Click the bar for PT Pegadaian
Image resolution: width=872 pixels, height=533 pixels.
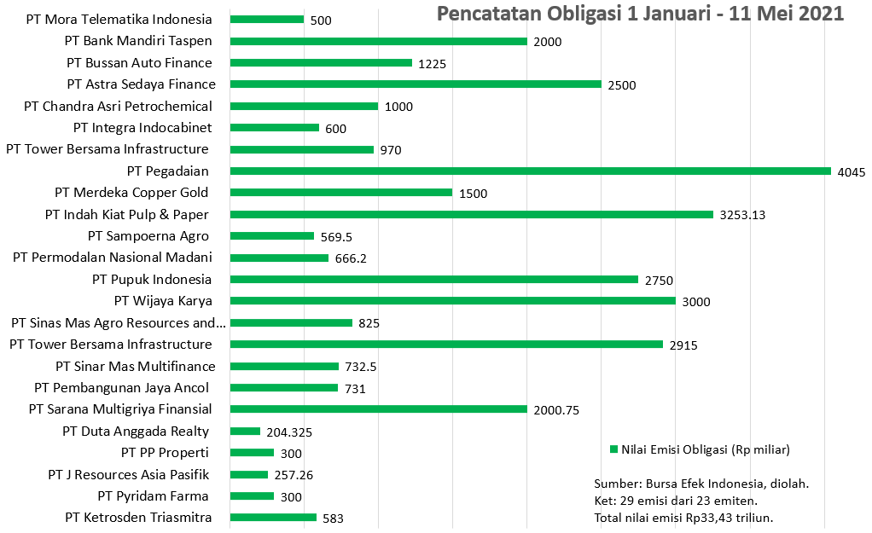(x=530, y=171)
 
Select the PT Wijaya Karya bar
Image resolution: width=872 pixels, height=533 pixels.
(x=452, y=300)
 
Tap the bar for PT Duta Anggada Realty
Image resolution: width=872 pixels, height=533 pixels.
(x=245, y=431)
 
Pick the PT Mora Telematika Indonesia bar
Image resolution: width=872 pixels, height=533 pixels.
(x=267, y=19)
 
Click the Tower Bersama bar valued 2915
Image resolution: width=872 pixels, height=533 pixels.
(x=446, y=344)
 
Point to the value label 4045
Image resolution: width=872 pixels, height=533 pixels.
(x=852, y=171)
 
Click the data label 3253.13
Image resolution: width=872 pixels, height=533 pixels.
(x=742, y=215)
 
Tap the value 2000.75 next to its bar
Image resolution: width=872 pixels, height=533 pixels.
(x=556, y=409)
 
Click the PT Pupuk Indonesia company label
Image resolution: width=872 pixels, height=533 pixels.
(x=152, y=279)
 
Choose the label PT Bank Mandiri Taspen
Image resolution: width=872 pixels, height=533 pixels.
(x=138, y=40)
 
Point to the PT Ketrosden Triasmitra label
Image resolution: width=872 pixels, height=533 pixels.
(x=138, y=517)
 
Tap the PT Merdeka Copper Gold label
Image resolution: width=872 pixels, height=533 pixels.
(x=131, y=192)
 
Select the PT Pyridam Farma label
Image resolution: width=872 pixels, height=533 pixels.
(x=153, y=495)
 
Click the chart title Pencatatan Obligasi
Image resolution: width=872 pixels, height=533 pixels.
(x=640, y=14)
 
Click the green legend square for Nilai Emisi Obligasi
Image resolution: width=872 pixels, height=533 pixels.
(x=613, y=449)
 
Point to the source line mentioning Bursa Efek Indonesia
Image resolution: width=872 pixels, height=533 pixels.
(x=701, y=483)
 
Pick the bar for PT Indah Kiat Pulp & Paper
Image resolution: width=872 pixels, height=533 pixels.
(x=471, y=214)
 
